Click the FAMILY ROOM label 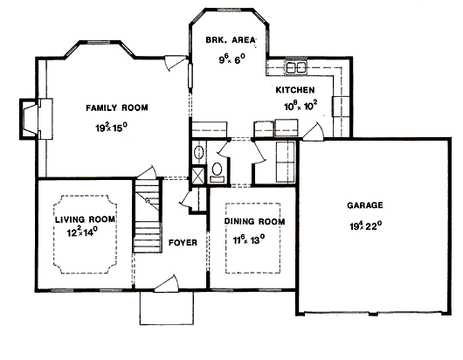coord(117,107)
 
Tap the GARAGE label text coord(365,205)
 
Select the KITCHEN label coord(295,90)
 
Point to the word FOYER coord(183,243)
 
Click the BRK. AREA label coord(231,39)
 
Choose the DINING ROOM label coord(254,221)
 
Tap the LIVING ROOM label coord(85,219)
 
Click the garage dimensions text coord(366,225)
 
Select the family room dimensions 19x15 coord(111,128)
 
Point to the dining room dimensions coord(249,239)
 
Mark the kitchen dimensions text coord(301,106)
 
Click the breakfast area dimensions coord(232,59)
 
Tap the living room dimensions coord(82,232)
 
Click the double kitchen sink coord(296,67)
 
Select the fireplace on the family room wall coord(37,119)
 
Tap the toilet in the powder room coord(218,171)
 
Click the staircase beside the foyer coord(147,216)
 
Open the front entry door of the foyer coord(166,284)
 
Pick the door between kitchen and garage coord(314,131)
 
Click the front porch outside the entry coord(167,308)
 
